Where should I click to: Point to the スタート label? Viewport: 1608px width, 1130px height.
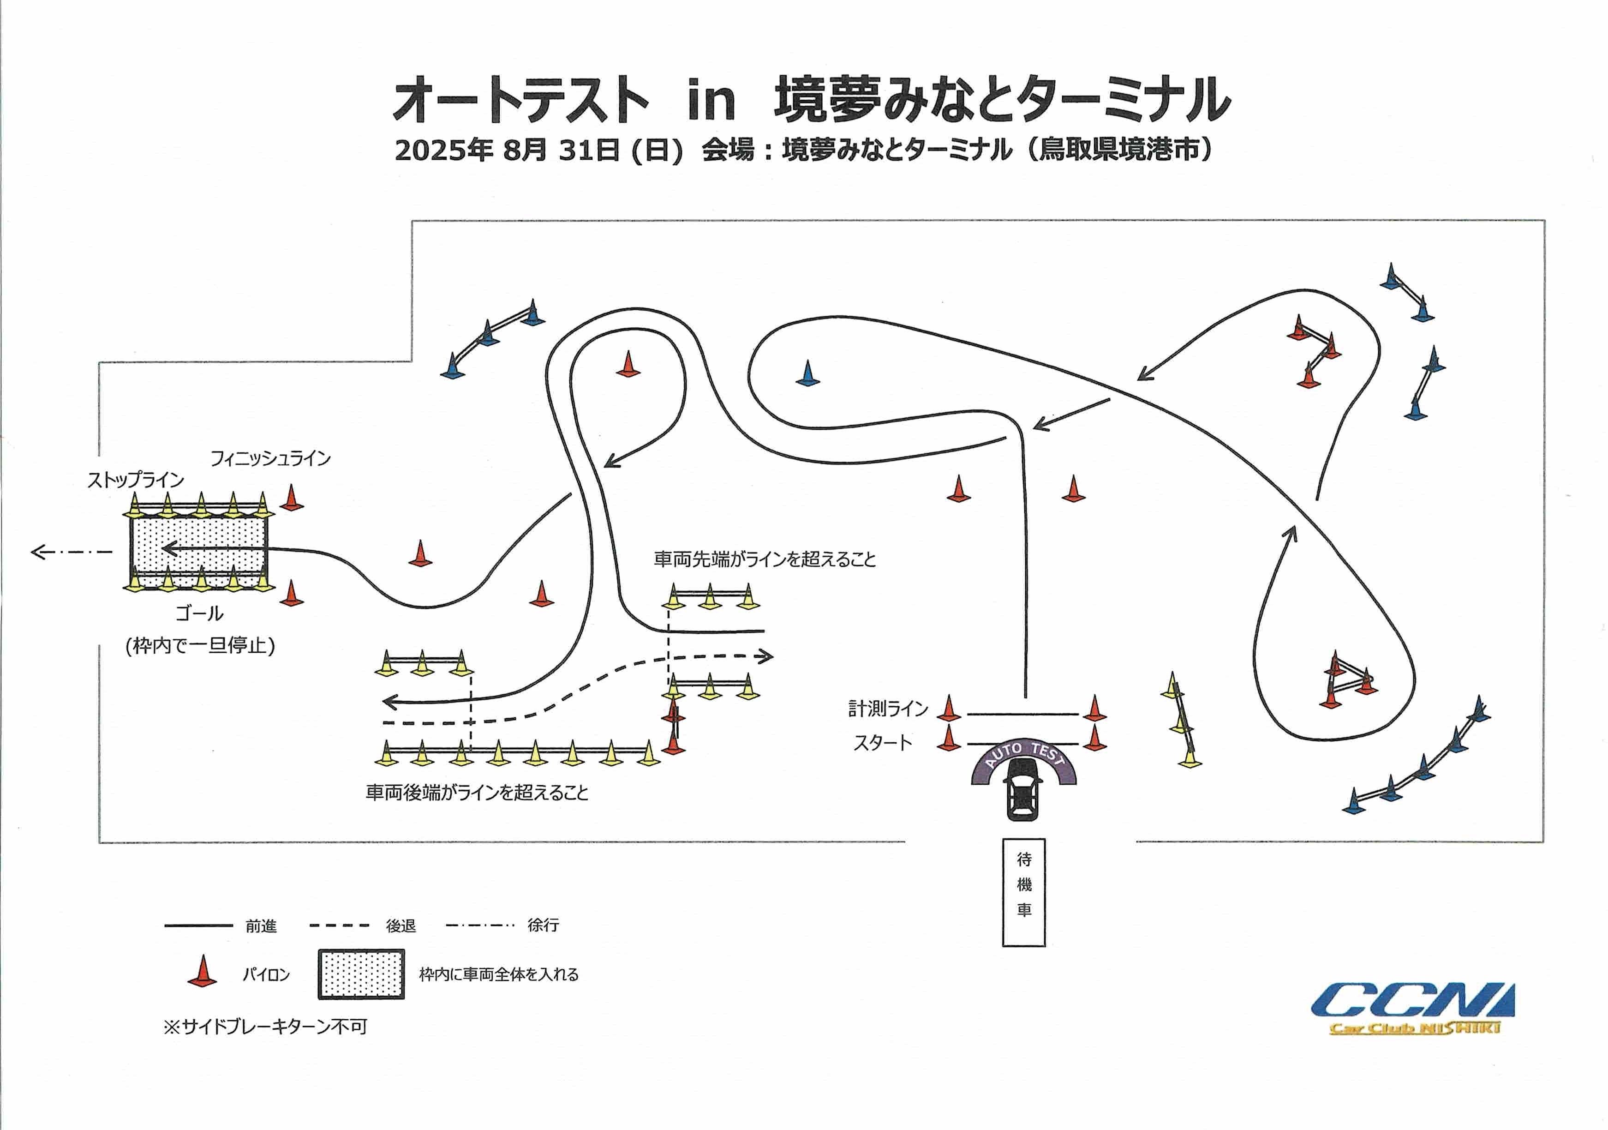882,743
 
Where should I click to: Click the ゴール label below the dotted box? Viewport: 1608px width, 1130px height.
200,613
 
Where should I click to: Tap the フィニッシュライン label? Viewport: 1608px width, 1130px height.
270,458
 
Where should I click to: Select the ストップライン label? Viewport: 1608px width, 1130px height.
135,480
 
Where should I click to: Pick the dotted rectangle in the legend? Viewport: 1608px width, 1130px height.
361,974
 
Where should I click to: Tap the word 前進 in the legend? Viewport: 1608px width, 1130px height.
261,926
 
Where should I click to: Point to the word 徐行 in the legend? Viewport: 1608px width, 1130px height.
544,926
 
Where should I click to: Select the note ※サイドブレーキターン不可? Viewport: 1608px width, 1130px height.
265,1027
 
